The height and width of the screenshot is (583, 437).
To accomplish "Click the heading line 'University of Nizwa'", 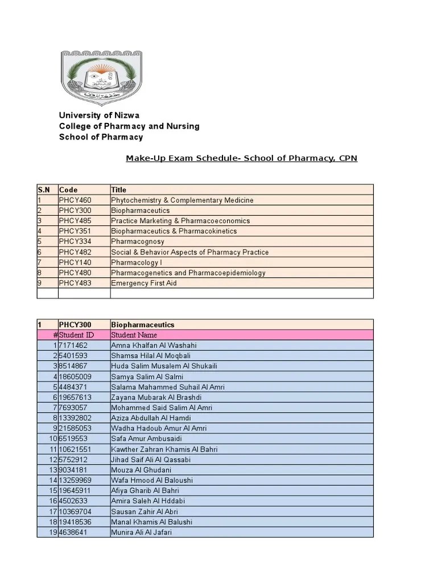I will pos(99,115).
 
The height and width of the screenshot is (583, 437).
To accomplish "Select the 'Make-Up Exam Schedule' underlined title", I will pos(241,158).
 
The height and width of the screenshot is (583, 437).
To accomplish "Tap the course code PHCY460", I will pos(75,200).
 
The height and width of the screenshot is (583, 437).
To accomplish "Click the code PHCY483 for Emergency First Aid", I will pos(75,283).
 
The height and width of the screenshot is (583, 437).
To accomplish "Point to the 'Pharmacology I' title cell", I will pos(137,262).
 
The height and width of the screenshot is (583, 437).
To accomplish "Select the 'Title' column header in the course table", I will pos(119,190).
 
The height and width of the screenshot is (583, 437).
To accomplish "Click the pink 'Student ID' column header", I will pos(77,335).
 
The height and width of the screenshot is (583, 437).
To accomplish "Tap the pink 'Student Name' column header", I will pos(134,335).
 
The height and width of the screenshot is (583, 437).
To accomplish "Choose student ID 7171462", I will pos(73,346).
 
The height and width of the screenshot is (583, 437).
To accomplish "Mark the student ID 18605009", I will pos(75,376).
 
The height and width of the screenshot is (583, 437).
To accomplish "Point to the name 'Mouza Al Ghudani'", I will pos(141,470).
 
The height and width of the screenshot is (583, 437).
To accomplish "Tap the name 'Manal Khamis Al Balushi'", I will pos(151,522).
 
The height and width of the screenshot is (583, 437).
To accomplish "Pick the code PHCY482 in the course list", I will pos(75,252).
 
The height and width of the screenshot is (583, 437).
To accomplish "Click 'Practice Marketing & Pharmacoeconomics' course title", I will pos(180,221).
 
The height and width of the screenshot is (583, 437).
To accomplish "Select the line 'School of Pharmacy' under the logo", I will pos(101,137).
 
